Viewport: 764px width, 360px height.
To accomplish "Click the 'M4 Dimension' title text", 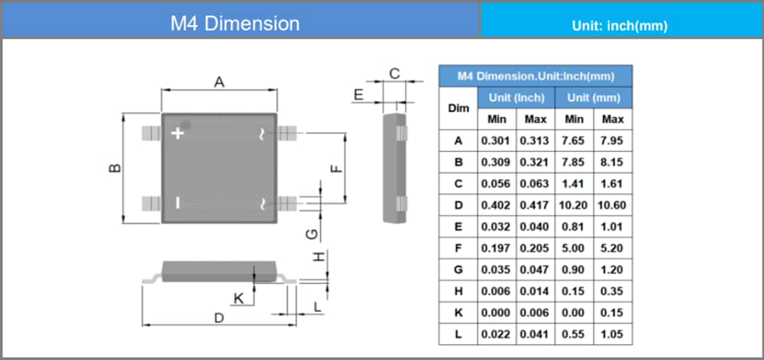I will click(x=235, y=23).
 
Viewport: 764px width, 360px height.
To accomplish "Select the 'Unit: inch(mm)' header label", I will click(x=620, y=25).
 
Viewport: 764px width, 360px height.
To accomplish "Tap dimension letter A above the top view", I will click(x=219, y=82).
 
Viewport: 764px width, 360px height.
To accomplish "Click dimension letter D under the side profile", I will click(x=219, y=317).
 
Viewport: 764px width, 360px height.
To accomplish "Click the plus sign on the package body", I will click(x=178, y=133).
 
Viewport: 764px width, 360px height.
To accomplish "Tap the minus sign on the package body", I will click(x=178, y=203).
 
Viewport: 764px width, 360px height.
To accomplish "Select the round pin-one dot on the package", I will click(x=186, y=125).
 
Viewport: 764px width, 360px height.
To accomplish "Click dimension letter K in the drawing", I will click(x=238, y=299).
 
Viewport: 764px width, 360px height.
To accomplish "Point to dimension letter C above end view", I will click(x=394, y=73).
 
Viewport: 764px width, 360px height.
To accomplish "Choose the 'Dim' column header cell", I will click(x=458, y=108).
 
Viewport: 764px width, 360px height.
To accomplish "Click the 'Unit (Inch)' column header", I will click(x=516, y=98).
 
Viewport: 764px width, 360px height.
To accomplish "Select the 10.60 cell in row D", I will click(x=613, y=205).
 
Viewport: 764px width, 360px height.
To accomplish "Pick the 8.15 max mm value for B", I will click(x=613, y=162).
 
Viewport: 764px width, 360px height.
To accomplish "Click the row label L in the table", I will click(x=458, y=334).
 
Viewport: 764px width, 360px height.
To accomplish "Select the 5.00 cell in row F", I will click(x=575, y=248).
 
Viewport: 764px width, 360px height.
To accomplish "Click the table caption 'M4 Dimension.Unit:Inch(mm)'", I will click(x=536, y=76).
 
